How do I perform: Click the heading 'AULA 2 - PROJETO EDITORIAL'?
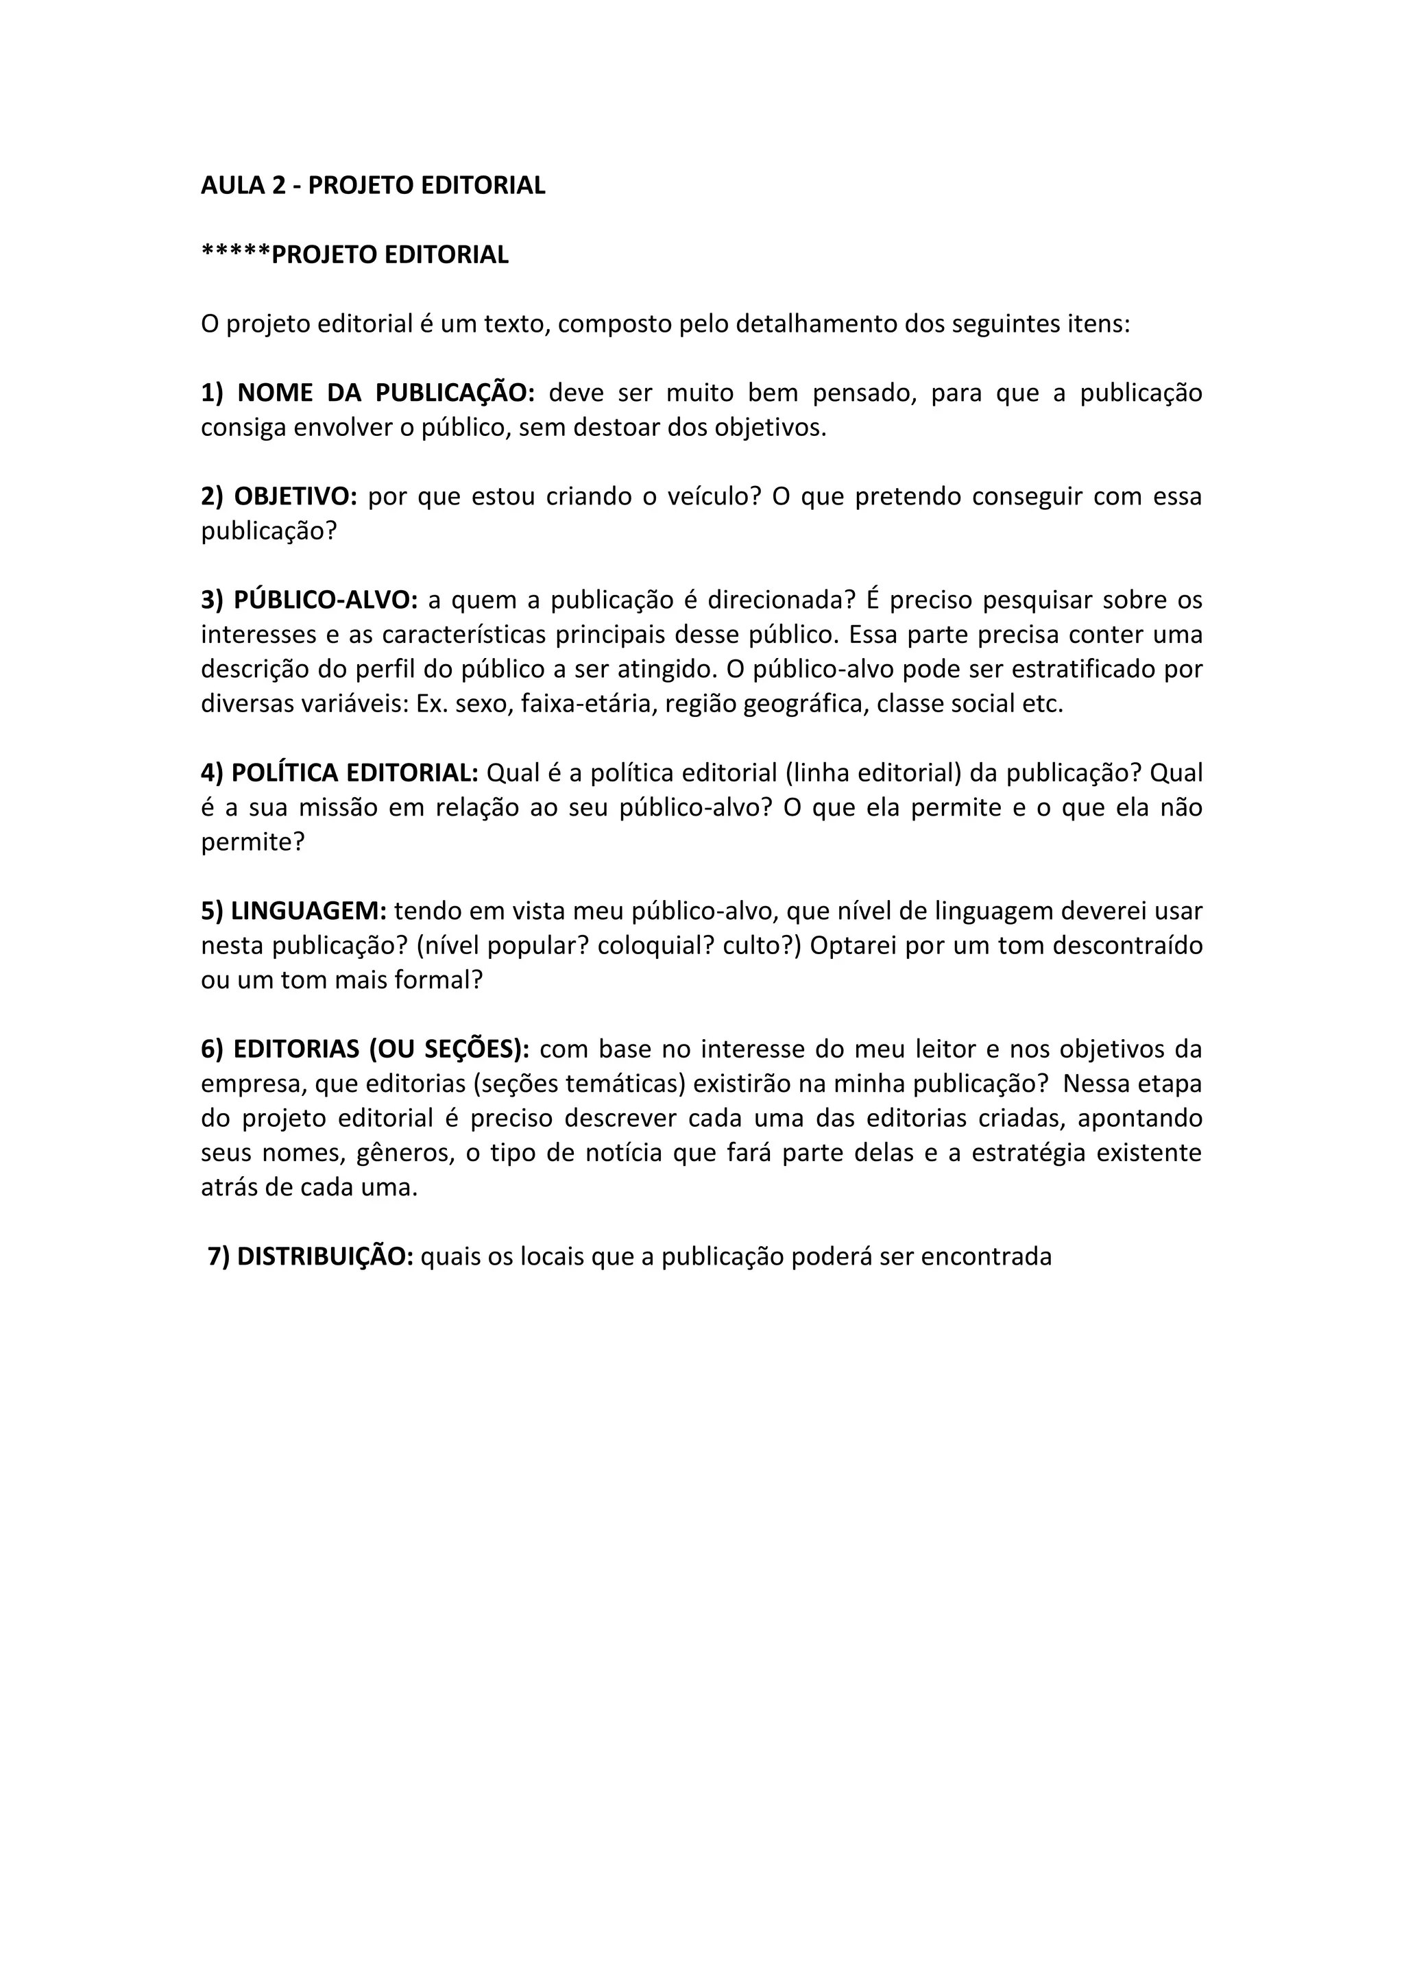[373, 185]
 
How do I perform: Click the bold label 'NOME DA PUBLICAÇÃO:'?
[385, 393]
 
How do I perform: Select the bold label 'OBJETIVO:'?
[295, 496]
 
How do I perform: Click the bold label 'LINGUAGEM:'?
[308, 910]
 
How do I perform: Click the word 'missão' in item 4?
[337, 807]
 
